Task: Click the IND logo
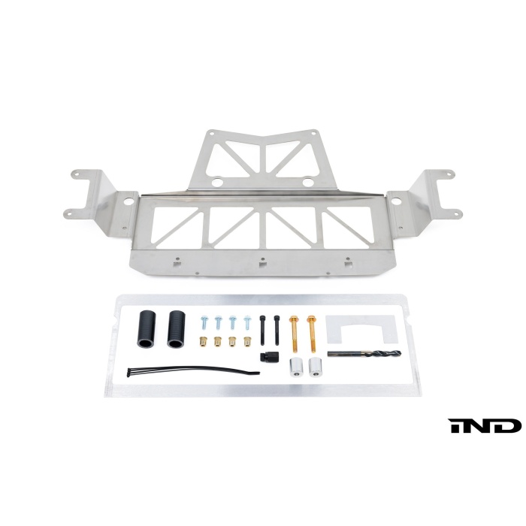point(485,426)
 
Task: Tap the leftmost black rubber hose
point(146,329)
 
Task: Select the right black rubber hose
point(177,329)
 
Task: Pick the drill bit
point(364,353)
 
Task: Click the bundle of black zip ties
point(193,371)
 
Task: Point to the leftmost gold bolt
point(295,334)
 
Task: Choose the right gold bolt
point(312,334)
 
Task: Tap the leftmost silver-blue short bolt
point(204,322)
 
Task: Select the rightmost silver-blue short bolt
point(247,322)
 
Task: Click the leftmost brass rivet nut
point(203,341)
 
